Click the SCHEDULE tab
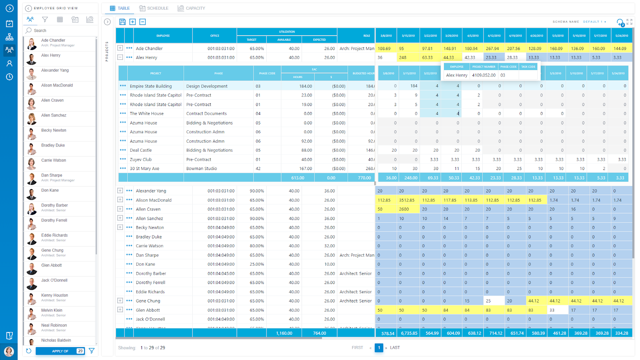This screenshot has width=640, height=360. pos(154,8)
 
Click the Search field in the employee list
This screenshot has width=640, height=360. pos(60,30)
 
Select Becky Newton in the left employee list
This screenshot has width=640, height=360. pos(54,130)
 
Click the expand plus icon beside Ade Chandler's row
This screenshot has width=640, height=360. pos(120,48)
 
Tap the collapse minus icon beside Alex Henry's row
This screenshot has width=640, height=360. pos(120,57)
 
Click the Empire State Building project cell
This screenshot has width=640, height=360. pos(151,86)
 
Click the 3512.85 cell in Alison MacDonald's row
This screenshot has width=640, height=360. pos(406,200)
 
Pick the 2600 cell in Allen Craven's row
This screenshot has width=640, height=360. pos(404,209)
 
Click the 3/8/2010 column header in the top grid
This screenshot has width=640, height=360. pos(386,36)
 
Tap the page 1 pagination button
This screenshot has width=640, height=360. pos(379,348)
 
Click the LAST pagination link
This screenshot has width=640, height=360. pos(395,348)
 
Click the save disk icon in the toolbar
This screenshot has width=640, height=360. pos(122,22)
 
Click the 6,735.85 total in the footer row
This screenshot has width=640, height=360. pos(409,333)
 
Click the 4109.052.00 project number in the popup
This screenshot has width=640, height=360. pos(484,75)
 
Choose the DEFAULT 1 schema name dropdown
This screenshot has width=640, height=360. pos(594,22)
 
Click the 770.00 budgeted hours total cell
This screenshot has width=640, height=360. pos(364,178)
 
